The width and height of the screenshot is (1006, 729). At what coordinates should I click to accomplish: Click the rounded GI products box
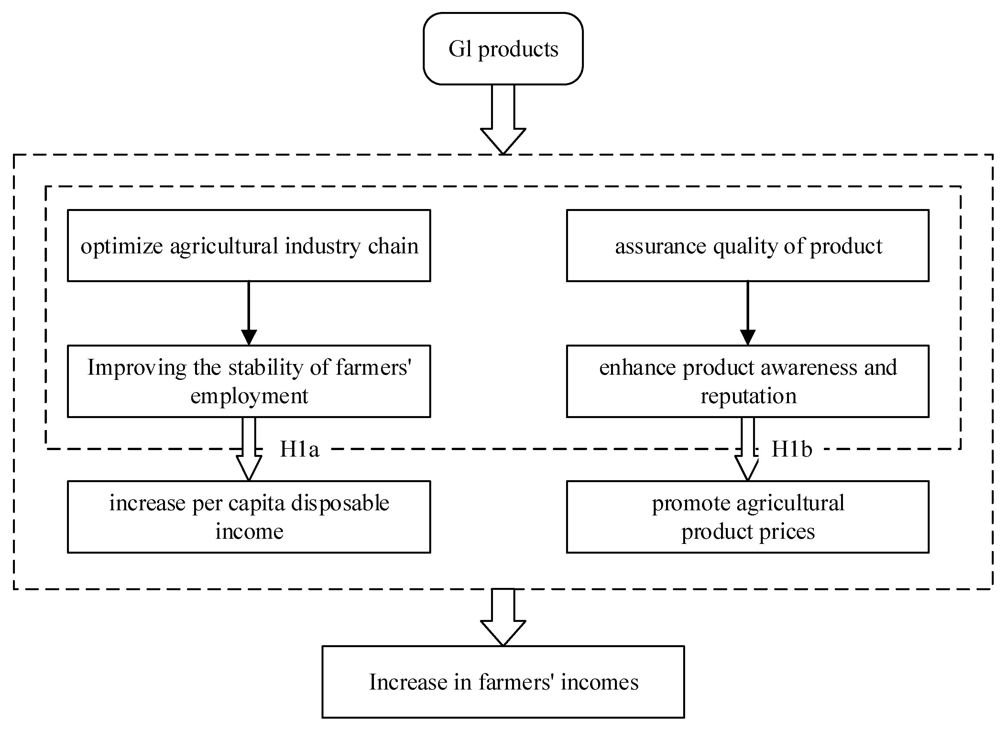coord(503,49)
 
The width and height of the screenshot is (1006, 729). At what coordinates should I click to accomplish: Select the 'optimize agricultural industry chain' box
coord(249,245)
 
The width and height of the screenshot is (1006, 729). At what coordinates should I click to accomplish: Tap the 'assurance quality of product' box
coord(748,245)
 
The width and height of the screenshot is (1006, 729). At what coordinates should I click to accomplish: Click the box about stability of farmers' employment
coord(249,381)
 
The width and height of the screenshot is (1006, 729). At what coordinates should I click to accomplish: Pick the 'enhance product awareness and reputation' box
coord(748,381)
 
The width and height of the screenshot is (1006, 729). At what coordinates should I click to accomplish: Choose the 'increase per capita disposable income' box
coord(249,517)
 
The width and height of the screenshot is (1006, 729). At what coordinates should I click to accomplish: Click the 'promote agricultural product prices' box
coord(748,517)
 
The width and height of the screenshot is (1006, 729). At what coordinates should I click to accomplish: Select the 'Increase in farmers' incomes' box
coord(503,682)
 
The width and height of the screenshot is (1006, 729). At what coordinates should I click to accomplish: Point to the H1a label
coord(300,449)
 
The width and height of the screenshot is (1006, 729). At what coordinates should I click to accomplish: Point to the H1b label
coord(792,449)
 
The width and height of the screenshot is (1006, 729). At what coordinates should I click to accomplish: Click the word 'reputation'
coord(748,396)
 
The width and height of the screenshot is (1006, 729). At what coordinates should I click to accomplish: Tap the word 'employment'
coord(249,396)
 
